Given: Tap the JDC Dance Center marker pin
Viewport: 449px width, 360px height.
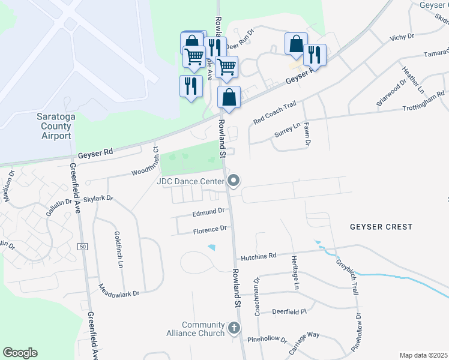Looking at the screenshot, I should click(x=234, y=181).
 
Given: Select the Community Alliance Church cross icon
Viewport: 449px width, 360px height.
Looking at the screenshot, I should click(x=234, y=328).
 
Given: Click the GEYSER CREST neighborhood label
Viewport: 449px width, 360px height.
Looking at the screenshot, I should click(x=382, y=227).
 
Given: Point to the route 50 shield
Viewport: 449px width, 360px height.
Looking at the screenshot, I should click(x=82, y=247).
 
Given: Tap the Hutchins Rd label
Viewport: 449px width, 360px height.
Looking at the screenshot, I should click(x=259, y=256).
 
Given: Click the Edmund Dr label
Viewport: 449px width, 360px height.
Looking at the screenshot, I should click(x=208, y=211).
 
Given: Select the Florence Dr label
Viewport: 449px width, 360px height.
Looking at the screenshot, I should click(x=209, y=229).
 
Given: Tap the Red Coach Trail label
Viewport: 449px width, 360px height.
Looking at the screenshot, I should click(x=275, y=113).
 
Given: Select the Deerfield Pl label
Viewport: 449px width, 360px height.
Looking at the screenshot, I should click(x=289, y=312).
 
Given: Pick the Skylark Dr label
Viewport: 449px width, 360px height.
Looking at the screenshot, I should click(x=98, y=199).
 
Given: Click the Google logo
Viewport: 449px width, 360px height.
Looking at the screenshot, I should click(x=20, y=353).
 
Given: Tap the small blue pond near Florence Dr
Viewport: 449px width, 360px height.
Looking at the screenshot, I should click(x=212, y=247).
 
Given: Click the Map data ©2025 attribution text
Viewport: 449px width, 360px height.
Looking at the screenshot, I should click(x=423, y=355).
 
